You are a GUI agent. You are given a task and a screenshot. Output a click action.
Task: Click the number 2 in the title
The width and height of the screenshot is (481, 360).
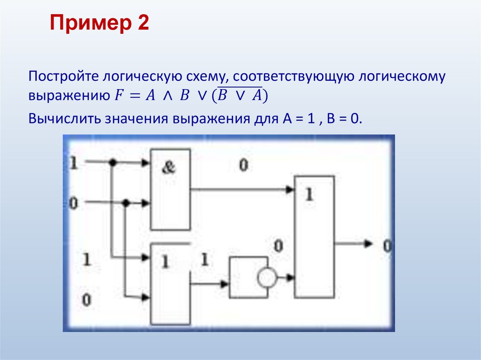coord(143,23)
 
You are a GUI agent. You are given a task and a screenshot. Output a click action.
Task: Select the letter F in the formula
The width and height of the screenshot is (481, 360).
coord(117,95)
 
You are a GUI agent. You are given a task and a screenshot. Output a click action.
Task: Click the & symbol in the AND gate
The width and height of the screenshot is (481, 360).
coord(168,168)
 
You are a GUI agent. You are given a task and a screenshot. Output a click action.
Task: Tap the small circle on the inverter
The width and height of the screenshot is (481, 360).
coord(266,278)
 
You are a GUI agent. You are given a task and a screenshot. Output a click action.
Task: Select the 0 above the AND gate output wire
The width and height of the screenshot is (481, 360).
coord(243,165)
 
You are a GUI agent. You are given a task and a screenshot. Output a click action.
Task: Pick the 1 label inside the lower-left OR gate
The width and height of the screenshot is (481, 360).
coord(164,262)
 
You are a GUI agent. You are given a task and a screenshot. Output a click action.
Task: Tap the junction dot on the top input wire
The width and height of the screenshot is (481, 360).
coord(112,162)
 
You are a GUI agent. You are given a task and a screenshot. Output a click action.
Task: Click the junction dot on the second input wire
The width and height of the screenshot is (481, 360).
coord(125,203)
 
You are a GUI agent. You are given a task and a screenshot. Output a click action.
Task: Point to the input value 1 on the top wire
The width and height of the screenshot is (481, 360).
coord(73,163)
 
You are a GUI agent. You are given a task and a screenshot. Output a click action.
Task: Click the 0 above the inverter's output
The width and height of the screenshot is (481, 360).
coord(279,245)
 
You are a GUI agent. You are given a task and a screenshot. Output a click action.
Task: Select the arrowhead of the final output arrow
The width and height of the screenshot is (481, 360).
coord(368,244)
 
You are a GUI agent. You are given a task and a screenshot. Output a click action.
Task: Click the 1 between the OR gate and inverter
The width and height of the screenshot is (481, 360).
coord(205,260)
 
